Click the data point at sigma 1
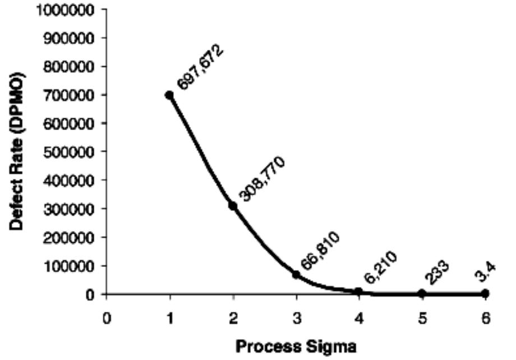[x=169, y=95]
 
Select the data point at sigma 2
[x=233, y=206]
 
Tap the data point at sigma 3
[x=296, y=274]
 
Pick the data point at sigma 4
[x=359, y=292]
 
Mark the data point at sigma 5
[x=422, y=293]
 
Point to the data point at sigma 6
[x=485, y=293]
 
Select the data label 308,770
[x=262, y=179]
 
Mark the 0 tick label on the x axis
[x=106, y=318]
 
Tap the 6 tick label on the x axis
[x=486, y=318]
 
